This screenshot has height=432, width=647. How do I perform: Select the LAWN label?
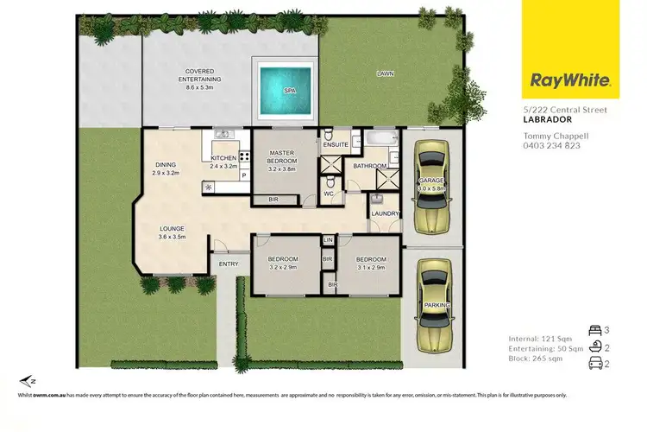tap(385, 74)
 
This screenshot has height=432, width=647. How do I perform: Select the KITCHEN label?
tap(223, 159)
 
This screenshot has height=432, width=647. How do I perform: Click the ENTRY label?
tap(229, 264)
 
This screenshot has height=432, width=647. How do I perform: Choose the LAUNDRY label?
tap(384, 213)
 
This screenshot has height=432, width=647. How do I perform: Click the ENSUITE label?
tap(335, 144)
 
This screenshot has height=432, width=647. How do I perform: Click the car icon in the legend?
tap(595, 363)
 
